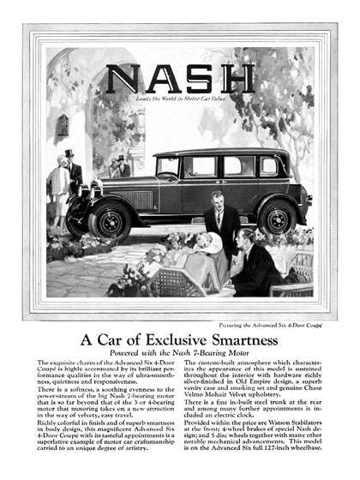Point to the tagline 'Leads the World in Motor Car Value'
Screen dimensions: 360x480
pyautogui.click(x=181, y=101)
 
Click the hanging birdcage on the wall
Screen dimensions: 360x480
pyautogui.click(x=63, y=125)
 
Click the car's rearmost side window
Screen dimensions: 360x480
pyautogui.click(x=267, y=165)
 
